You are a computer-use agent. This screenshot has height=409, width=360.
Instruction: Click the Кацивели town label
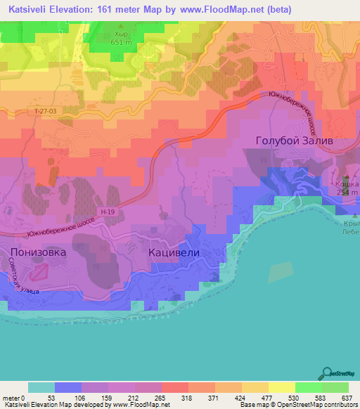[174, 252]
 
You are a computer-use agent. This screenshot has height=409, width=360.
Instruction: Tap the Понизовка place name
[38, 252]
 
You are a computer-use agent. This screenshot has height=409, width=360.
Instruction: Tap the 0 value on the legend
[28, 398]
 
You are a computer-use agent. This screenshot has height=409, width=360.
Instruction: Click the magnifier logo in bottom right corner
[327, 373]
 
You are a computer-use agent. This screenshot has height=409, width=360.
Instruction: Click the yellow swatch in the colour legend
[282, 387]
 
